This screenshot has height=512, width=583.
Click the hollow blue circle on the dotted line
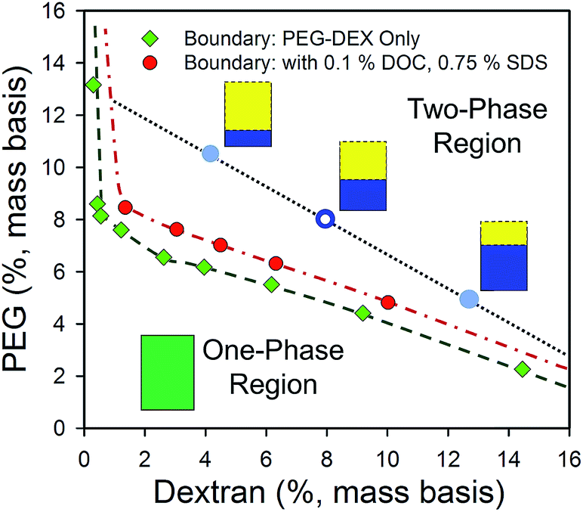click(325, 219)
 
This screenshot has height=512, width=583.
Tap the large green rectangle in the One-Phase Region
click(168, 372)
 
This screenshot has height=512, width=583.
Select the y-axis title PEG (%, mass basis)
click(23, 219)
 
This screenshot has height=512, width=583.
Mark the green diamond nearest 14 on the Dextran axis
click(522, 369)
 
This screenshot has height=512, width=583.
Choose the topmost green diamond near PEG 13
click(93, 85)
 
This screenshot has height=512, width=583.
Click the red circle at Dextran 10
click(388, 303)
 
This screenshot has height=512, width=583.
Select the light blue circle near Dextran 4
click(211, 154)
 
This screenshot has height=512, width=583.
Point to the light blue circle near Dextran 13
click(468, 299)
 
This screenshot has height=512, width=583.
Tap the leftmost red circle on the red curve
click(125, 207)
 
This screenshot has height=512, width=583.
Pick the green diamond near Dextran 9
click(362, 313)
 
